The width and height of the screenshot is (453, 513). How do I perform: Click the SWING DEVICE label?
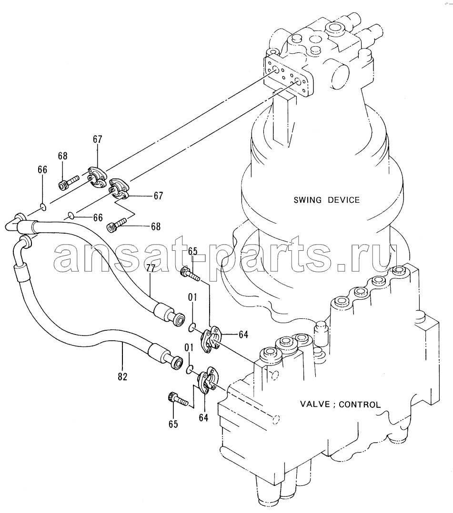(x=326, y=199)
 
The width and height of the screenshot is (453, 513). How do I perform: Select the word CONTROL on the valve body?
(x=360, y=404)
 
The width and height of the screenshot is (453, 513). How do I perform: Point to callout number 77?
(x=151, y=268)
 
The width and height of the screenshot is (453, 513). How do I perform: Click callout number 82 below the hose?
(x=122, y=376)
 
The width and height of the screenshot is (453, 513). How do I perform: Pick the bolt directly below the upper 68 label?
(x=69, y=182)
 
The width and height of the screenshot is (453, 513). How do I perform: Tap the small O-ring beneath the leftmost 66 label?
(x=42, y=207)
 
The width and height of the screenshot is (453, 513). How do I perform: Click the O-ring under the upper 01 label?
(x=192, y=327)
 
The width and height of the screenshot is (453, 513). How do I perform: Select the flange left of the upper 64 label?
(x=212, y=339)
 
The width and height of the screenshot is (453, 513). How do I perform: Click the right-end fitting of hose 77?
(x=170, y=315)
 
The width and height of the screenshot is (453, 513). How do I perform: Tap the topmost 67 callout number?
(x=97, y=139)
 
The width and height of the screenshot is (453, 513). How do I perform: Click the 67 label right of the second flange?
(x=158, y=196)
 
